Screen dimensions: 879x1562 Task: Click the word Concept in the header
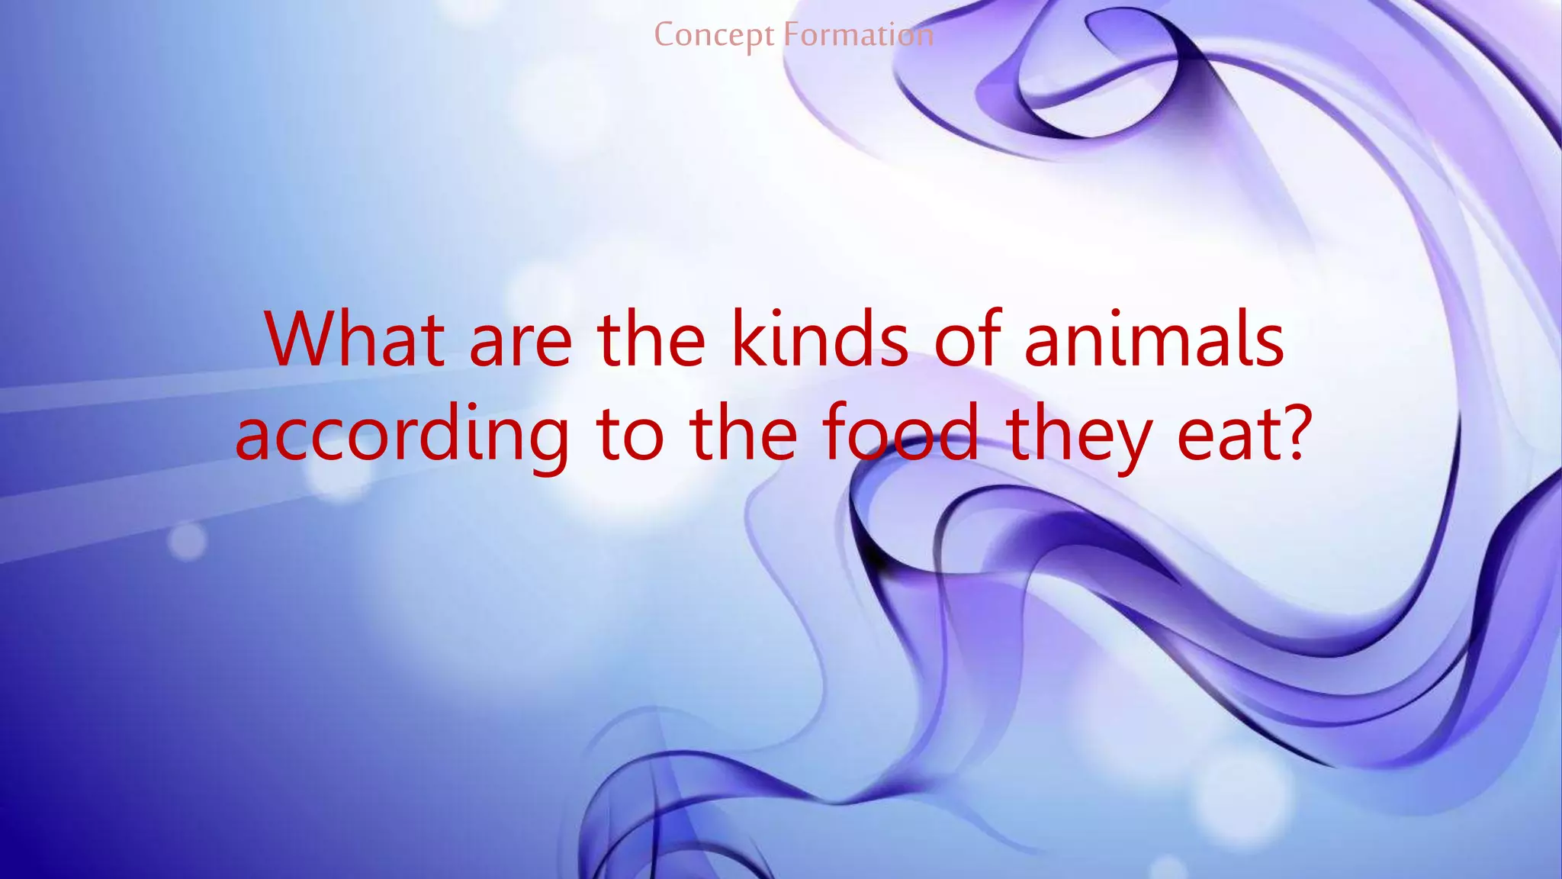click(x=714, y=36)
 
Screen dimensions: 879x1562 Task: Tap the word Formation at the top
click(x=859, y=35)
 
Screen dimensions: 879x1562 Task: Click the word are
click(x=520, y=344)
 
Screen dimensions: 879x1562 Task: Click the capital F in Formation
click(x=792, y=35)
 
